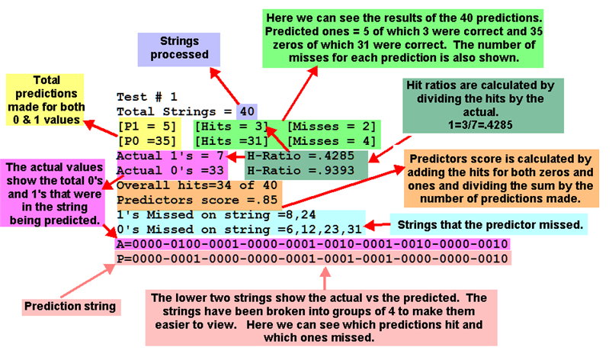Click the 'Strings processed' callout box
point(179,50)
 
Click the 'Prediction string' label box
point(71,307)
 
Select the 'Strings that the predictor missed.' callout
point(489,224)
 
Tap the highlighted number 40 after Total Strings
point(247,111)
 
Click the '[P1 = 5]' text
point(147,127)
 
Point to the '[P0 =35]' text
point(147,141)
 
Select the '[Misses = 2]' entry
point(332,127)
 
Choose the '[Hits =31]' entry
point(232,141)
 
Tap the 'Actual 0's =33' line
point(170,171)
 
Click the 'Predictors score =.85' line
point(197,200)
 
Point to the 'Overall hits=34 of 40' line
point(197,185)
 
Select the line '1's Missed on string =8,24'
point(216,215)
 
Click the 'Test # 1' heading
point(147,97)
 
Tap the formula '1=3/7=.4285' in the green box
point(480,125)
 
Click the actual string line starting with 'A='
point(312,244)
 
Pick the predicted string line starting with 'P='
point(312,259)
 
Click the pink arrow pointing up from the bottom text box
point(325,279)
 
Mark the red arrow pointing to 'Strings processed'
point(225,86)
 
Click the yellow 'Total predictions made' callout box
point(45,100)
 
